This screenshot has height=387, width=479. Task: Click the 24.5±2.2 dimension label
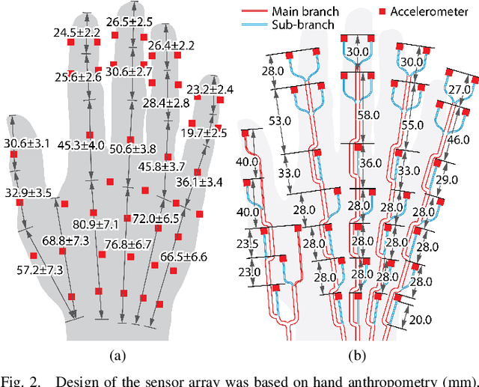tap(76, 34)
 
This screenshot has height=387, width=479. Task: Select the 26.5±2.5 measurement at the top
tap(129, 22)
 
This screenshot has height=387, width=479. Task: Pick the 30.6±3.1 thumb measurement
tap(28, 143)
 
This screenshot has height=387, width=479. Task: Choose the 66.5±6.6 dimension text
tap(183, 257)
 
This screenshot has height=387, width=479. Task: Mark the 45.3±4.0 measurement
tap(82, 145)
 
